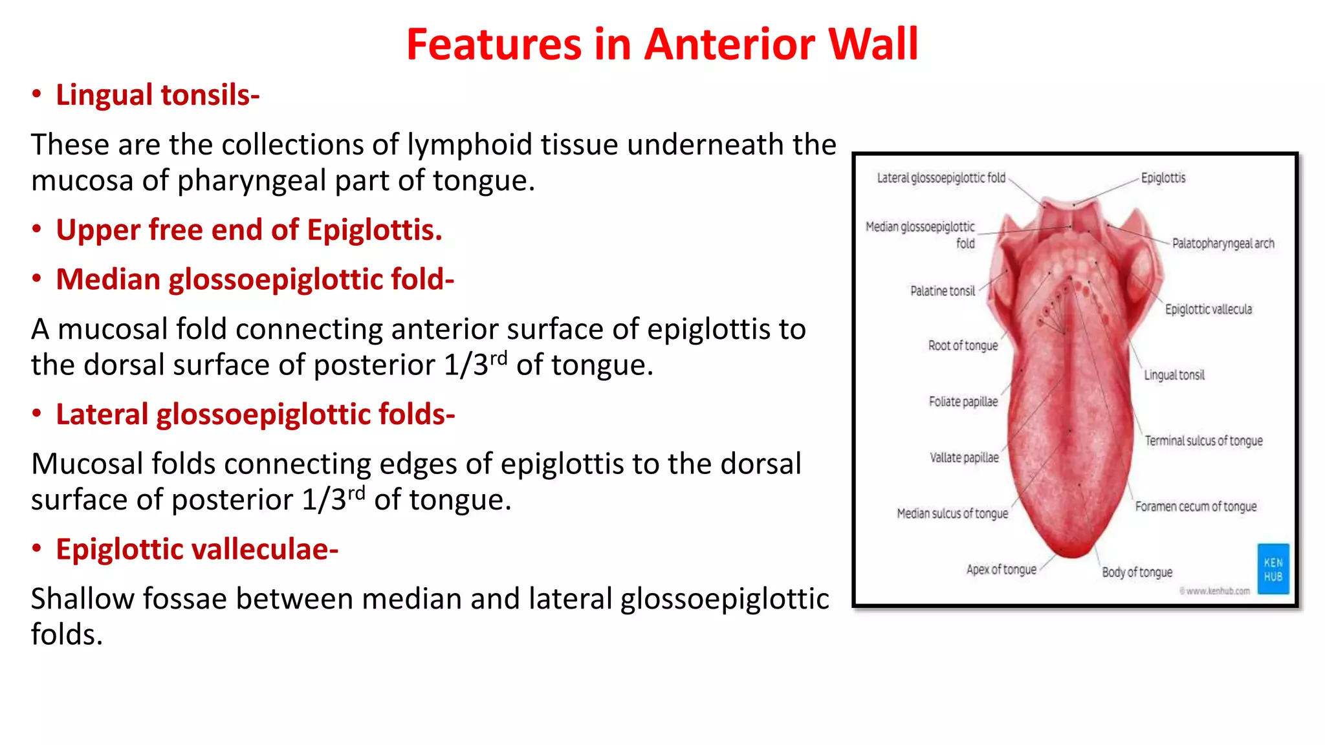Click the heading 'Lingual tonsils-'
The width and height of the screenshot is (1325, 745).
pos(157,95)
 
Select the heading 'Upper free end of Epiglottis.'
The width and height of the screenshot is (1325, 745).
pos(249,230)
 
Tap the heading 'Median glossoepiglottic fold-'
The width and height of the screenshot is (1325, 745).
pos(255,279)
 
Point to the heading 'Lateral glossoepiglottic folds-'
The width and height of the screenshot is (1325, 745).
pos(256,415)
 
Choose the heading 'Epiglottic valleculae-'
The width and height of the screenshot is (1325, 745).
pos(197,550)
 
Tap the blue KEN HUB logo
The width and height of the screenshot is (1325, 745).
pos(1273,569)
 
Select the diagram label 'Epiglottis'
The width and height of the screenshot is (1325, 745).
pos(1163,178)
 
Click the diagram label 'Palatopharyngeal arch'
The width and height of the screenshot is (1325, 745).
pos(1223,244)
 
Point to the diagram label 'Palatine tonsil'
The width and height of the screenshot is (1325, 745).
pos(942,291)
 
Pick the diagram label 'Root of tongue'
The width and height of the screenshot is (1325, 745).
pos(963,346)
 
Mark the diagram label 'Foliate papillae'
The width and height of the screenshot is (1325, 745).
pos(963,402)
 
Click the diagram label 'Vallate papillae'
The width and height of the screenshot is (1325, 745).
pos(964,458)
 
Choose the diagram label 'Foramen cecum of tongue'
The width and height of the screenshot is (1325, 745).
pos(1196,506)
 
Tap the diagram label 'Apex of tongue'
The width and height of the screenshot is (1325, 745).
pos(1001,569)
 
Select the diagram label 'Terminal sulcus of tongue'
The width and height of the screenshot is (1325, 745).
pos(1203,441)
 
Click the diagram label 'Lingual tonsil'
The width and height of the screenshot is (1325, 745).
pos(1174,375)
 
